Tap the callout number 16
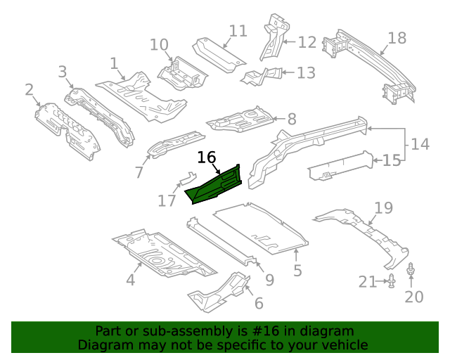tap(206, 157)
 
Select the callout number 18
tap(397, 38)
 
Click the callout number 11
tap(238, 31)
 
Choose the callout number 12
tap(307, 42)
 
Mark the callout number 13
tap(307, 72)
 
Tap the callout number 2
tap(30, 89)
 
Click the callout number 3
tap(63, 71)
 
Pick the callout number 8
tap(291, 120)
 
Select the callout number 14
tap(420, 145)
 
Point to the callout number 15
tap(391, 160)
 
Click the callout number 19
tap(383, 207)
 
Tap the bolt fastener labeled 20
tap(411, 270)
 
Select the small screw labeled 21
tap(392, 282)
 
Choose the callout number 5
tap(297, 271)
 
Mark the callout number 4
tap(130, 281)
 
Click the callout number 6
tap(259, 303)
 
